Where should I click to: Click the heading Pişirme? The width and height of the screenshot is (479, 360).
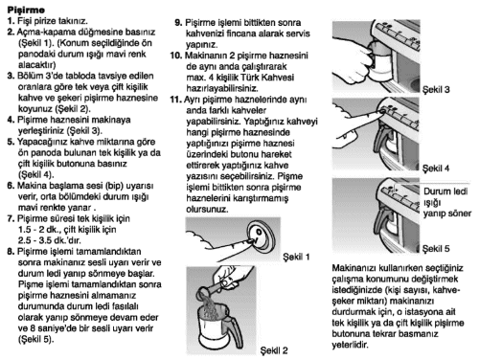(x=26, y=10)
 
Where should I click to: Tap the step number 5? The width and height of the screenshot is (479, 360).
(x=11, y=142)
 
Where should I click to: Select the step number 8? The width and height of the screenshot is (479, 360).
(x=11, y=252)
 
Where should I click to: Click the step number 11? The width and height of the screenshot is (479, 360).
(x=175, y=100)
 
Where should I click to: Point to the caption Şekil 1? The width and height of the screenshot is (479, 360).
(x=296, y=257)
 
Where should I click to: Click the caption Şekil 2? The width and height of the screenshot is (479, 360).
(x=274, y=350)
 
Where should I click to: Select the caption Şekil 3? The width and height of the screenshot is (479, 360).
(x=436, y=89)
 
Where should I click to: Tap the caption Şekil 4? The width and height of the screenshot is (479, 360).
(x=436, y=169)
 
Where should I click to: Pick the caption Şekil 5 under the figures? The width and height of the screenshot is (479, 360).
(x=436, y=249)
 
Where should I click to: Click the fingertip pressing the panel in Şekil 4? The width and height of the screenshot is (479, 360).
(x=381, y=111)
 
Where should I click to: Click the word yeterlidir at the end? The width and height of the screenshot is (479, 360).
(x=350, y=345)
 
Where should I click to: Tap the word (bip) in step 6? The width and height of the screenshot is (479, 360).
(x=115, y=186)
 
